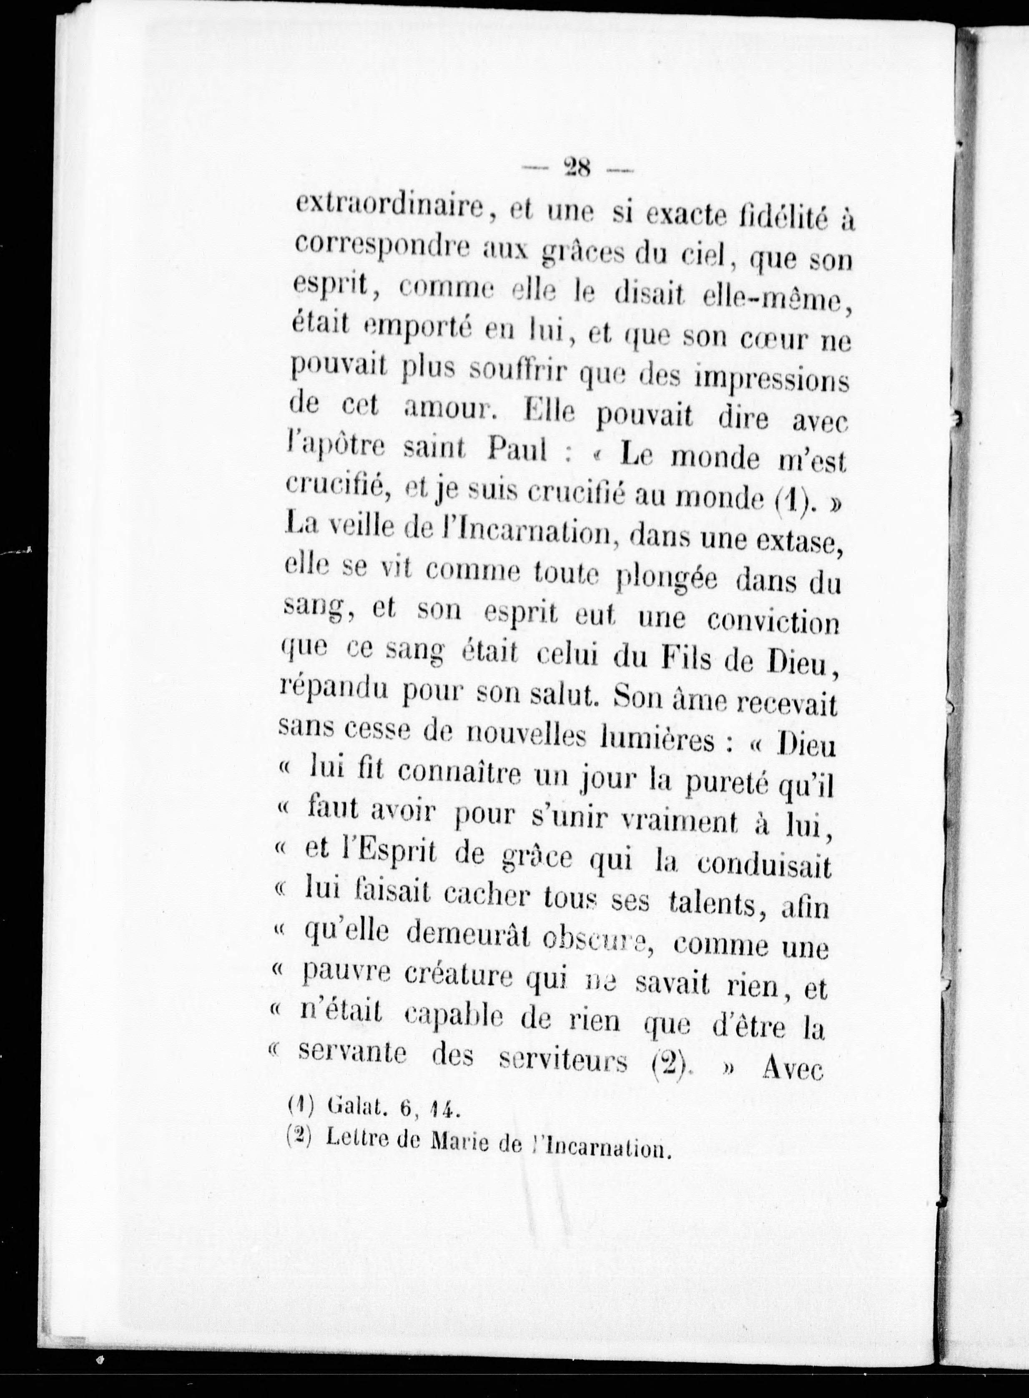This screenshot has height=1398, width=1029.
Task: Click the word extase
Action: (799, 545)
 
